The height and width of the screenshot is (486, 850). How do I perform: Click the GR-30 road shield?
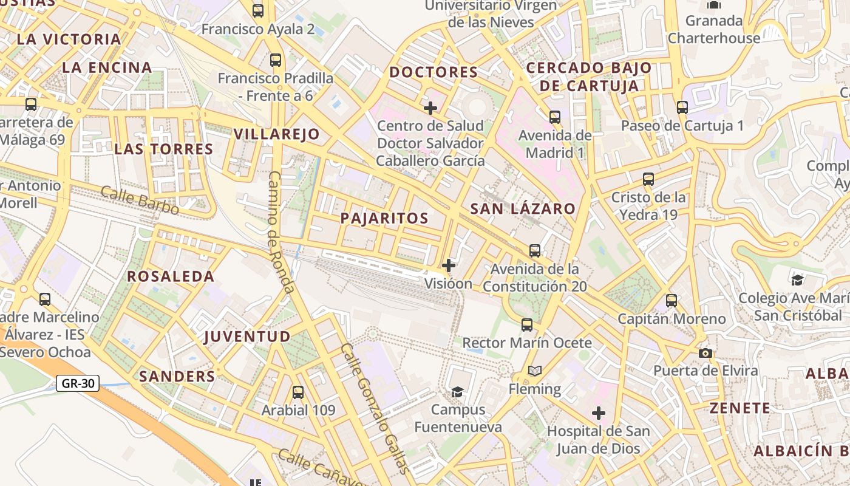[78, 383]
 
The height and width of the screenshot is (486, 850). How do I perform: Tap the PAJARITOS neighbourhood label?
[384, 218]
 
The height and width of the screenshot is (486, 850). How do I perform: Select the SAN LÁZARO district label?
[523, 208]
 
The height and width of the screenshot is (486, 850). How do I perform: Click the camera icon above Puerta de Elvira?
[705, 353]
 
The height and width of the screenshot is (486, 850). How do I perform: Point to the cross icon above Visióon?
[449, 265]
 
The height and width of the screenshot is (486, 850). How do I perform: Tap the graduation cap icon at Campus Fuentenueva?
[458, 392]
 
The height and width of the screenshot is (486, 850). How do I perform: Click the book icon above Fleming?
[534, 371]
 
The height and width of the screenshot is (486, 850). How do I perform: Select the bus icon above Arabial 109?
[297, 392]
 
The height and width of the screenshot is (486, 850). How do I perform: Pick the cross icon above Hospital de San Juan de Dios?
[599, 414]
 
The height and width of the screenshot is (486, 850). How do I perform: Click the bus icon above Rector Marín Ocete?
[527, 325]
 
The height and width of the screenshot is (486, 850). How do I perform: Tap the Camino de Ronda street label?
[280, 231]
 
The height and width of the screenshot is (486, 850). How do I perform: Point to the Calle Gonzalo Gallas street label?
[375, 408]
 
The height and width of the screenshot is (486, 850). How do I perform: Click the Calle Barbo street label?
[140, 200]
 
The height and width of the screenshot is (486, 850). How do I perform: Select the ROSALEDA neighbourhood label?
[171, 276]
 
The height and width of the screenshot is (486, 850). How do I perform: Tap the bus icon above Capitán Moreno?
[671, 301]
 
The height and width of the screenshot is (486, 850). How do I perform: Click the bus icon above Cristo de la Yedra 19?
[648, 179]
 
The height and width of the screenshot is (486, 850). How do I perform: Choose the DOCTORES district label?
[433, 72]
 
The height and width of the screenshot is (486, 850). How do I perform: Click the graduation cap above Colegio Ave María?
[797, 280]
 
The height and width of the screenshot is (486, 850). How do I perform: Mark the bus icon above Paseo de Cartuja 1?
[682, 108]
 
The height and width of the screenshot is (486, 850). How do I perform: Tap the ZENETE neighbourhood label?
[740, 408]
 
